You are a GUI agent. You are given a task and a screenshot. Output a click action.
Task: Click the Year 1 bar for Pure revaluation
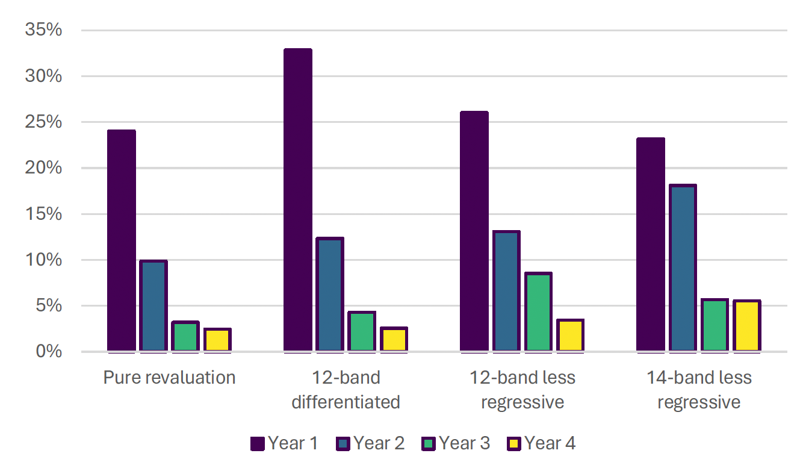tap(122, 241)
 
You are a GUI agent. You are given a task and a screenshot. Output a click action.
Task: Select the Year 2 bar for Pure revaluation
tap(153, 306)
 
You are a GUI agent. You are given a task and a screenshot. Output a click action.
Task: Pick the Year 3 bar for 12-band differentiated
tap(362, 331)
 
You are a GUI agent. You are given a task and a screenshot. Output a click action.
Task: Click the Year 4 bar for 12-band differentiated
tap(394, 339)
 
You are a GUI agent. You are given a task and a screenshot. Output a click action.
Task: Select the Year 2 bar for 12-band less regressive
tap(506, 291)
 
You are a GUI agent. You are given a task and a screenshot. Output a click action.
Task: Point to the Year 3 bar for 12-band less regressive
tap(538, 312)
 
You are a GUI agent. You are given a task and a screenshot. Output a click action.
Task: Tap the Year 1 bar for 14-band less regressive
tap(651, 245)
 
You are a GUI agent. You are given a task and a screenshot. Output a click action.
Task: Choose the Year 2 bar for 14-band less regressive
tap(683, 268)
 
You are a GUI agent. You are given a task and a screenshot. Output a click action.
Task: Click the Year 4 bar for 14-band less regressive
tap(746, 326)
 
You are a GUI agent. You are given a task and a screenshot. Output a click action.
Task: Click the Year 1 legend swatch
tap(257, 445)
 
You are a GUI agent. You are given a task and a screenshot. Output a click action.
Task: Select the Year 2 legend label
tap(379, 444)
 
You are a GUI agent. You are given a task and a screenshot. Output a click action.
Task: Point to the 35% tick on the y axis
tap(43, 30)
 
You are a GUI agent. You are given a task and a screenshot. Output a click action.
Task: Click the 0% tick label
tap(49, 351)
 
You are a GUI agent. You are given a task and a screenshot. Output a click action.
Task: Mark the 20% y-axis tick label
tap(43, 168)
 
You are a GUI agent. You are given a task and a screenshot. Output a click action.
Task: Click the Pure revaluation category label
tap(169, 378)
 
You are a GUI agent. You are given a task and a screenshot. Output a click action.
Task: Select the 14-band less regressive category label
tap(699, 390)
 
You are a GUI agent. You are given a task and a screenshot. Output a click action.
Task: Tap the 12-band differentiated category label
tap(346, 390)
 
